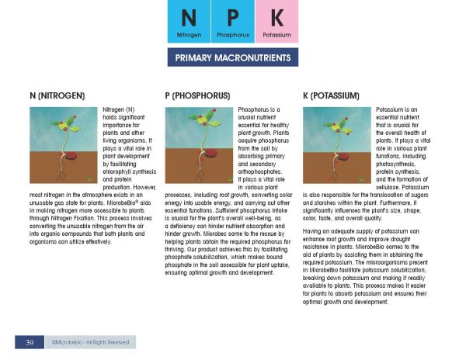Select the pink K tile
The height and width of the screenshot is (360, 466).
276,19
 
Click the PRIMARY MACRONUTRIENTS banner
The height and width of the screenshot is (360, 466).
233,58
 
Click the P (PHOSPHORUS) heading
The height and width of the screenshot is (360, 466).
198,95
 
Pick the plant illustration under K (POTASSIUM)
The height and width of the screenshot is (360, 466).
336,145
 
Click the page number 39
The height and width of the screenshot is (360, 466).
29,341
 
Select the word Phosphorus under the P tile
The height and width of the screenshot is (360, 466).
233,36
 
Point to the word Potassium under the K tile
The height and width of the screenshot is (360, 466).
276,36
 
